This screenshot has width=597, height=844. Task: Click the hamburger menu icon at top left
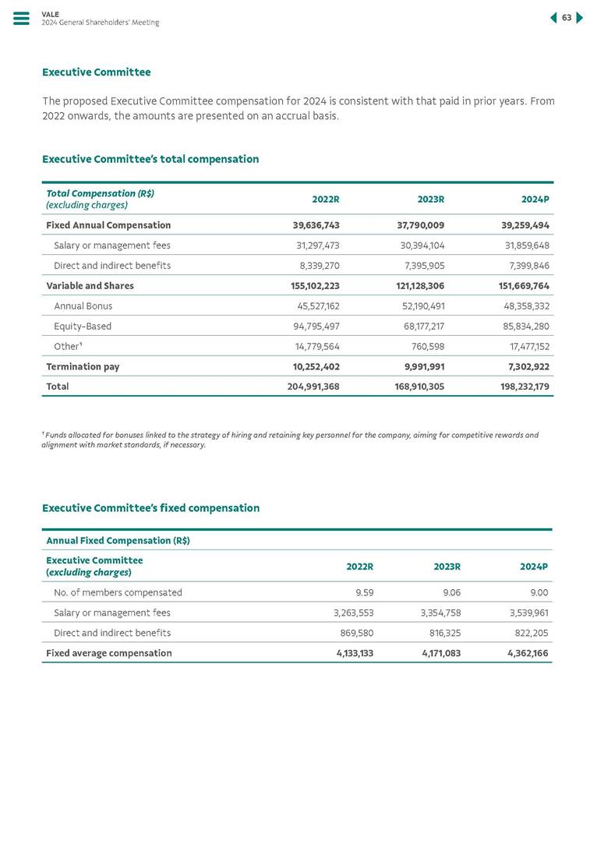(x=21, y=19)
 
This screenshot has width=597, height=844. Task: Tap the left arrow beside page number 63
(x=553, y=18)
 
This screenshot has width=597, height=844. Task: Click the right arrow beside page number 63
(x=579, y=18)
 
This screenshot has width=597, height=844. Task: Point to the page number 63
(x=567, y=18)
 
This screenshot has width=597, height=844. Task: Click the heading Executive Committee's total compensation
(x=150, y=159)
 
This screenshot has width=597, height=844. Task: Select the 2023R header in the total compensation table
(x=430, y=200)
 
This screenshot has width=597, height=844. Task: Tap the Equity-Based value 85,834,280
(x=523, y=327)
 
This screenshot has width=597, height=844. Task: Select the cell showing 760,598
(x=428, y=347)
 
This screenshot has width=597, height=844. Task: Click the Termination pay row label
(x=83, y=366)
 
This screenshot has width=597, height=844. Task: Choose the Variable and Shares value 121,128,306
(x=415, y=286)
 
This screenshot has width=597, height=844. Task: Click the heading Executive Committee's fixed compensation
(x=150, y=508)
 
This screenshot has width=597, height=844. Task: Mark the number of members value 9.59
(x=364, y=592)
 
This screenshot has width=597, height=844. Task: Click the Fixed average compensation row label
(x=109, y=653)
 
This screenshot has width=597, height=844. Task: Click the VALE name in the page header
(x=50, y=14)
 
